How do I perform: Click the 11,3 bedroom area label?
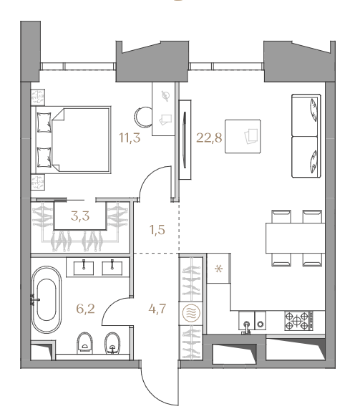130,138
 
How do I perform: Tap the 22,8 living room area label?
209,138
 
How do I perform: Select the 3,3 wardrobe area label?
80,216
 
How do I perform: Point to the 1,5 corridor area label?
157,230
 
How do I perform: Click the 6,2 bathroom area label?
85,309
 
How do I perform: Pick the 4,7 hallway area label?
157,309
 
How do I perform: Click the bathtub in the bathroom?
47,299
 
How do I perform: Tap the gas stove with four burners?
299,321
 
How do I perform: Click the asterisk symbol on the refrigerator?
218,269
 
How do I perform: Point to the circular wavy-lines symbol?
191,313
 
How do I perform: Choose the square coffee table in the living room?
243,136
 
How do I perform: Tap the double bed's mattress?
81,140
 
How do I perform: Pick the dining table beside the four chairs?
296,238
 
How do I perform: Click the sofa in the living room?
306,135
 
